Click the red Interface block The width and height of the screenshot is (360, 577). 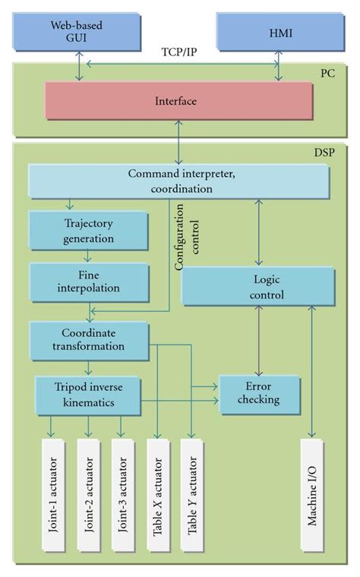tap(178, 100)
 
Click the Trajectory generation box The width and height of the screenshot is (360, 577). tap(87, 231)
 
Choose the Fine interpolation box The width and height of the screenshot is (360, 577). tap(87, 282)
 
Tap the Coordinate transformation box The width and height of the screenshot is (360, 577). tap(88, 339)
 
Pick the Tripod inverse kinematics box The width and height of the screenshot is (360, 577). tap(88, 396)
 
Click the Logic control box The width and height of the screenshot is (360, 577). tap(257, 288)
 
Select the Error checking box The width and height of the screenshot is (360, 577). tap(259, 393)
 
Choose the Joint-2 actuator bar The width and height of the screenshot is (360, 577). tap(88, 494)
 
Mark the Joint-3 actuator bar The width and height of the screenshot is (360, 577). tap(122, 494)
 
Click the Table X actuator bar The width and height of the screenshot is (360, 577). tap(156, 494)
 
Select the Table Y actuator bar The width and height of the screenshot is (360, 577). tap(191, 494)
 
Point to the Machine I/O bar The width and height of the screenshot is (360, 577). tap(312, 494)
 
